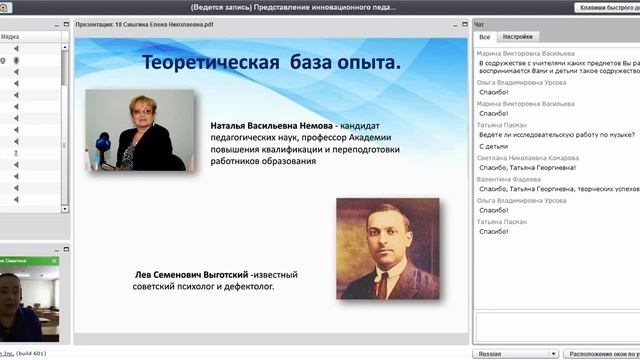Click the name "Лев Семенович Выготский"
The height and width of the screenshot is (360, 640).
pos(190,275)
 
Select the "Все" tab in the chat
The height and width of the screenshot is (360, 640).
pos(484,35)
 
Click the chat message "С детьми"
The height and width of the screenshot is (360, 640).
pos(494,146)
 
